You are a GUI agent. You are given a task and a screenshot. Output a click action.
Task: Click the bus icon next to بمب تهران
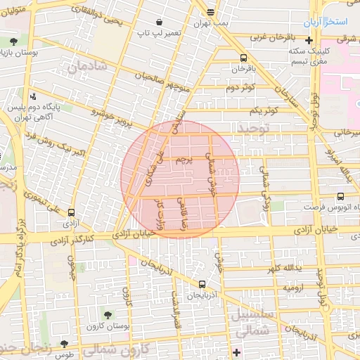(210, 12)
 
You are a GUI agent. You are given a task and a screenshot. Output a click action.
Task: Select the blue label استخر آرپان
(326, 22)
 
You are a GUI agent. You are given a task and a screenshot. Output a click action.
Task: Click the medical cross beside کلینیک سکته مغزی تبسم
(308, 40)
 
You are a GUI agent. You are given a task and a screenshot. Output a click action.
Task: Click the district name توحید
(254, 129)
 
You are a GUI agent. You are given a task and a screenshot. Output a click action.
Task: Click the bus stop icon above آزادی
(70, 212)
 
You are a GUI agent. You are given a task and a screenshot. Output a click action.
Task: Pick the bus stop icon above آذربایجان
(202, 284)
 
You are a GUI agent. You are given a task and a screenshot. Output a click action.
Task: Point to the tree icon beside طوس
(65, 345)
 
